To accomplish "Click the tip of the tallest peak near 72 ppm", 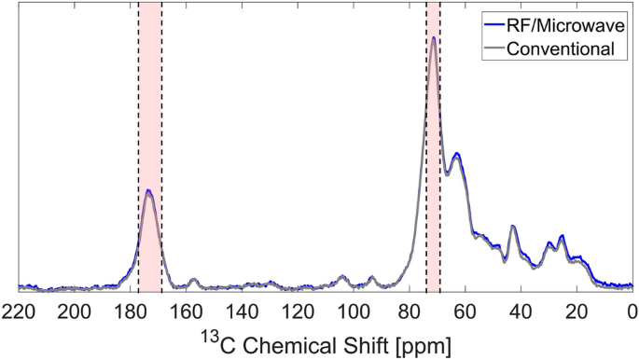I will [434, 38].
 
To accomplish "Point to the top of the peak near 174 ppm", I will [148, 191].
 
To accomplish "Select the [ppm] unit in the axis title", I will [421, 344].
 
